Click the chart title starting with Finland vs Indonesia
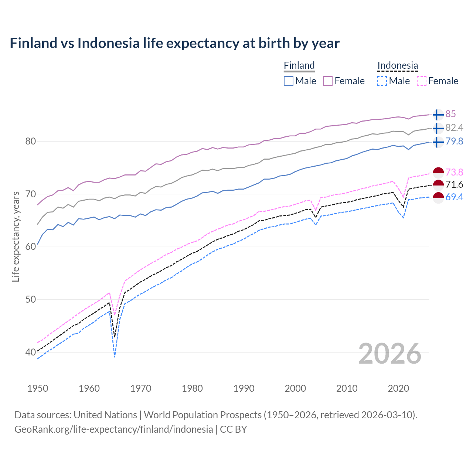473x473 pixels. point(174,43)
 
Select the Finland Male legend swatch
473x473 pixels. point(289,81)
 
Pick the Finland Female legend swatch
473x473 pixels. point(328,81)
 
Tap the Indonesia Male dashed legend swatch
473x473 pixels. point(382,81)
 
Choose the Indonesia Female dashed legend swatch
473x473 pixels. point(421,81)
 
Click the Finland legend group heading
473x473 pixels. point(299,66)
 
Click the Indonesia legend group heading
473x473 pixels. point(398,66)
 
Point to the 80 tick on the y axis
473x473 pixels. point(31,141)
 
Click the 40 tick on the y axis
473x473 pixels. point(31,352)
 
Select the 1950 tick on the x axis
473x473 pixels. point(38,388)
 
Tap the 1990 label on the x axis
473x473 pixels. point(244,388)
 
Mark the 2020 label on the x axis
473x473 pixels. point(398,388)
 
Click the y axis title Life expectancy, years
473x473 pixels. point(16,236)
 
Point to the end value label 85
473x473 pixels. point(450,114)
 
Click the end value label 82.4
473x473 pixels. point(454,128)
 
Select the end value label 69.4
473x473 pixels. point(454,197)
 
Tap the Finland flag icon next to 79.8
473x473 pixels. point(438,142)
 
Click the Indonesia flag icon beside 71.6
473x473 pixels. point(438,185)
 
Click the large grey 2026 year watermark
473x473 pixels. point(390,354)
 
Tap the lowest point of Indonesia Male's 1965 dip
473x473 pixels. point(115,357)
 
